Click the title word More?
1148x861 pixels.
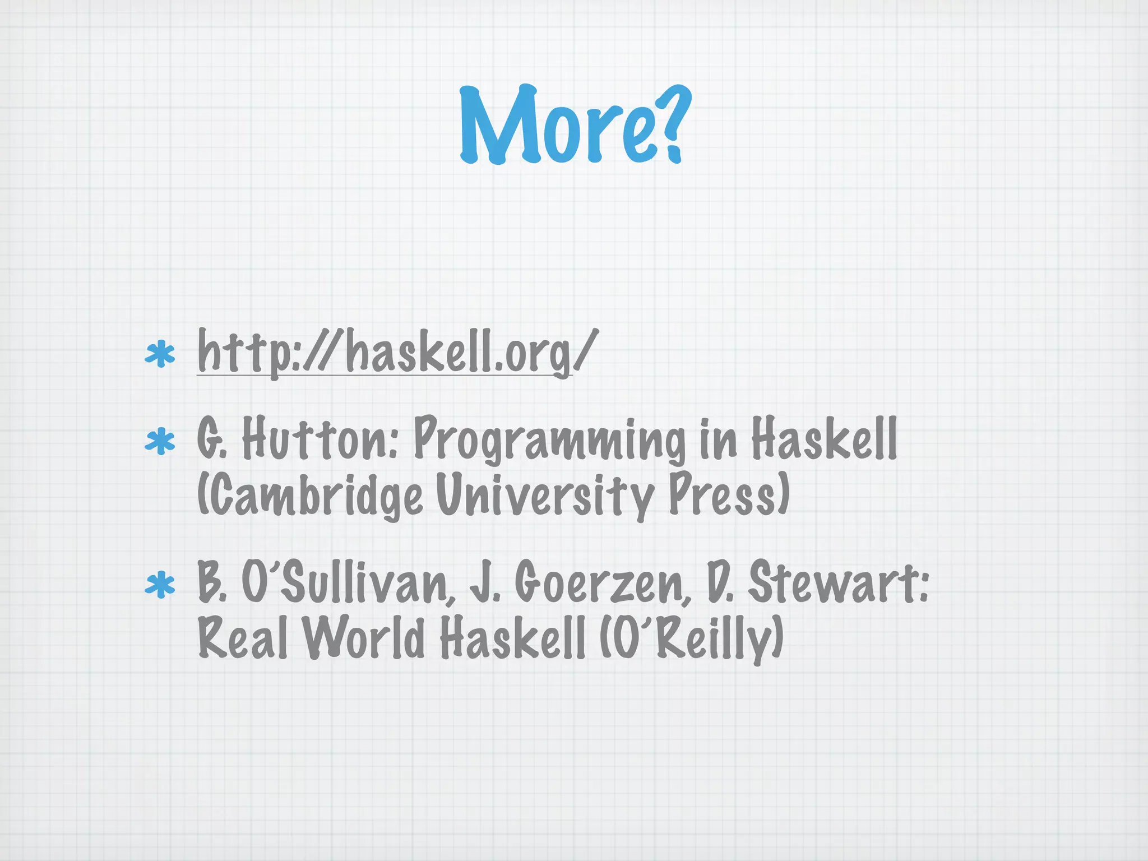pyautogui.click(x=572, y=126)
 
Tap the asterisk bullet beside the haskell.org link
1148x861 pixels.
pyautogui.click(x=160, y=355)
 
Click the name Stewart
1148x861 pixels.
pyautogui.click(x=838, y=583)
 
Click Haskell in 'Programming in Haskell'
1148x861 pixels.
pyautogui.click(x=824, y=439)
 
